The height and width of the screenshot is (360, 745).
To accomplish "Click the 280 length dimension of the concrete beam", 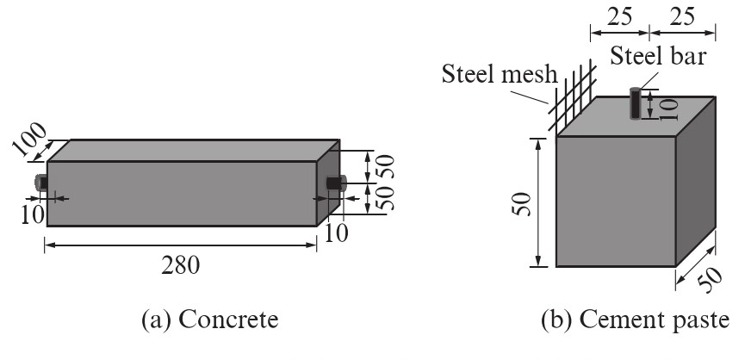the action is tap(181, 265).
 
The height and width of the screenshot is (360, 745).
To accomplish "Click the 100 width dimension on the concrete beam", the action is tap(29, 140).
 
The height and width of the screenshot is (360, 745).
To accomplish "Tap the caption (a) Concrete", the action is tap(209, 320).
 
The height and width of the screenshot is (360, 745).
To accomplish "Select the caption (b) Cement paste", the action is tap(636, 320).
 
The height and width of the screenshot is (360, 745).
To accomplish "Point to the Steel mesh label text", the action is tap(500, 74).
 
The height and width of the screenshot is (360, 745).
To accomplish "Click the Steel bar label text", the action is tap(658, 56).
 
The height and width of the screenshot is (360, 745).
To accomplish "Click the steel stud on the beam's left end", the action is tap(41, 183).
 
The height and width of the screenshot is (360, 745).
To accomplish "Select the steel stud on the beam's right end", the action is tap(338, 183).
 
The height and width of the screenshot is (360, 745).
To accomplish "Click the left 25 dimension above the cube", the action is tap(619, 17).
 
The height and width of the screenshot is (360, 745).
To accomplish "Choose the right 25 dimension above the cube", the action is tap(681, 17).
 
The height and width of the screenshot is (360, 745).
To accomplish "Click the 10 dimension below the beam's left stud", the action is tap(33, 214).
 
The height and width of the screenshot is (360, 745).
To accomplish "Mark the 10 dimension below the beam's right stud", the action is tap(336, 233).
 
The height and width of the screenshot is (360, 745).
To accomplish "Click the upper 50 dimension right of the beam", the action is tap(387, 166).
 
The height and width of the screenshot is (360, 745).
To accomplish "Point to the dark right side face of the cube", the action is tap(696, 182).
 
